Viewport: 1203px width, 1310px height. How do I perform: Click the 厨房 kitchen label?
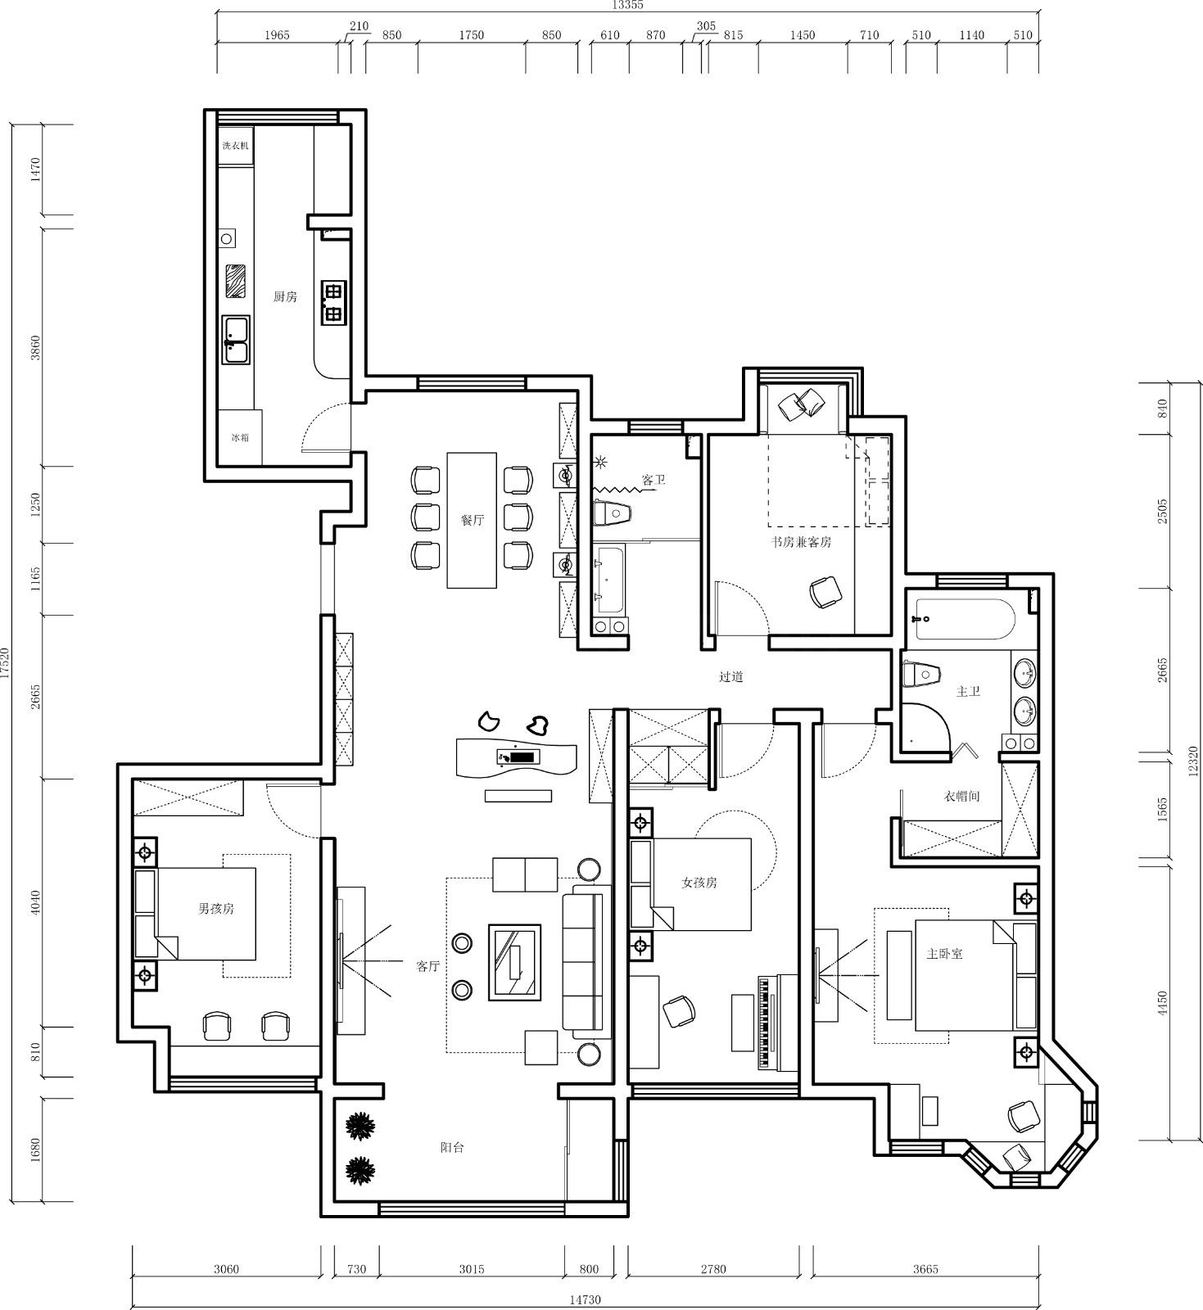pyautogui.click(x=285, y=296)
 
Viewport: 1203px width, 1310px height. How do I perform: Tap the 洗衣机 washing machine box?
pyautogui.click(x=236, y=146)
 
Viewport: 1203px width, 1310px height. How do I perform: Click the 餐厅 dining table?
pyautogui.click(x=472, y=520)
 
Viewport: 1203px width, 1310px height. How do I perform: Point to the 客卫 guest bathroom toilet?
pyautogui.click(x=612, y=513)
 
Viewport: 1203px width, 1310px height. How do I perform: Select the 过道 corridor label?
pyautogui.click(x=730, y=677)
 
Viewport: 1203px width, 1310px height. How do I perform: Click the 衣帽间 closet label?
pyautogui.click(x=961, y=796)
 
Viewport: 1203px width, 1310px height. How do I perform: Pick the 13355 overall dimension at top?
pyautogui.click(x=628, y=5)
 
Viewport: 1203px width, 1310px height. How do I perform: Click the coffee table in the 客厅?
pyautogui.click(x=515, y=962)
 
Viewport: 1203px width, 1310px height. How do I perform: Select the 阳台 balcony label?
pyautogui.click(x=452, y=1148)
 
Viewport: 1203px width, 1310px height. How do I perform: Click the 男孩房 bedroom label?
pyautogui.click(x=216, y=909)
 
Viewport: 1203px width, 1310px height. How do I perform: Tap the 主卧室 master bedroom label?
pyautogui.click(x=944, y=954)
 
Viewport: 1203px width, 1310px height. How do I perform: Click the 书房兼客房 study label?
pyautogui.click(x=800, y=542)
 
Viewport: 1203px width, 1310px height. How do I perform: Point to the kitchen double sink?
pyautogui.click(x=237, y=340)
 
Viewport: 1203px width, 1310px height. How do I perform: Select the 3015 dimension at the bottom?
pyautogui.click(x=472, y=1269)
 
